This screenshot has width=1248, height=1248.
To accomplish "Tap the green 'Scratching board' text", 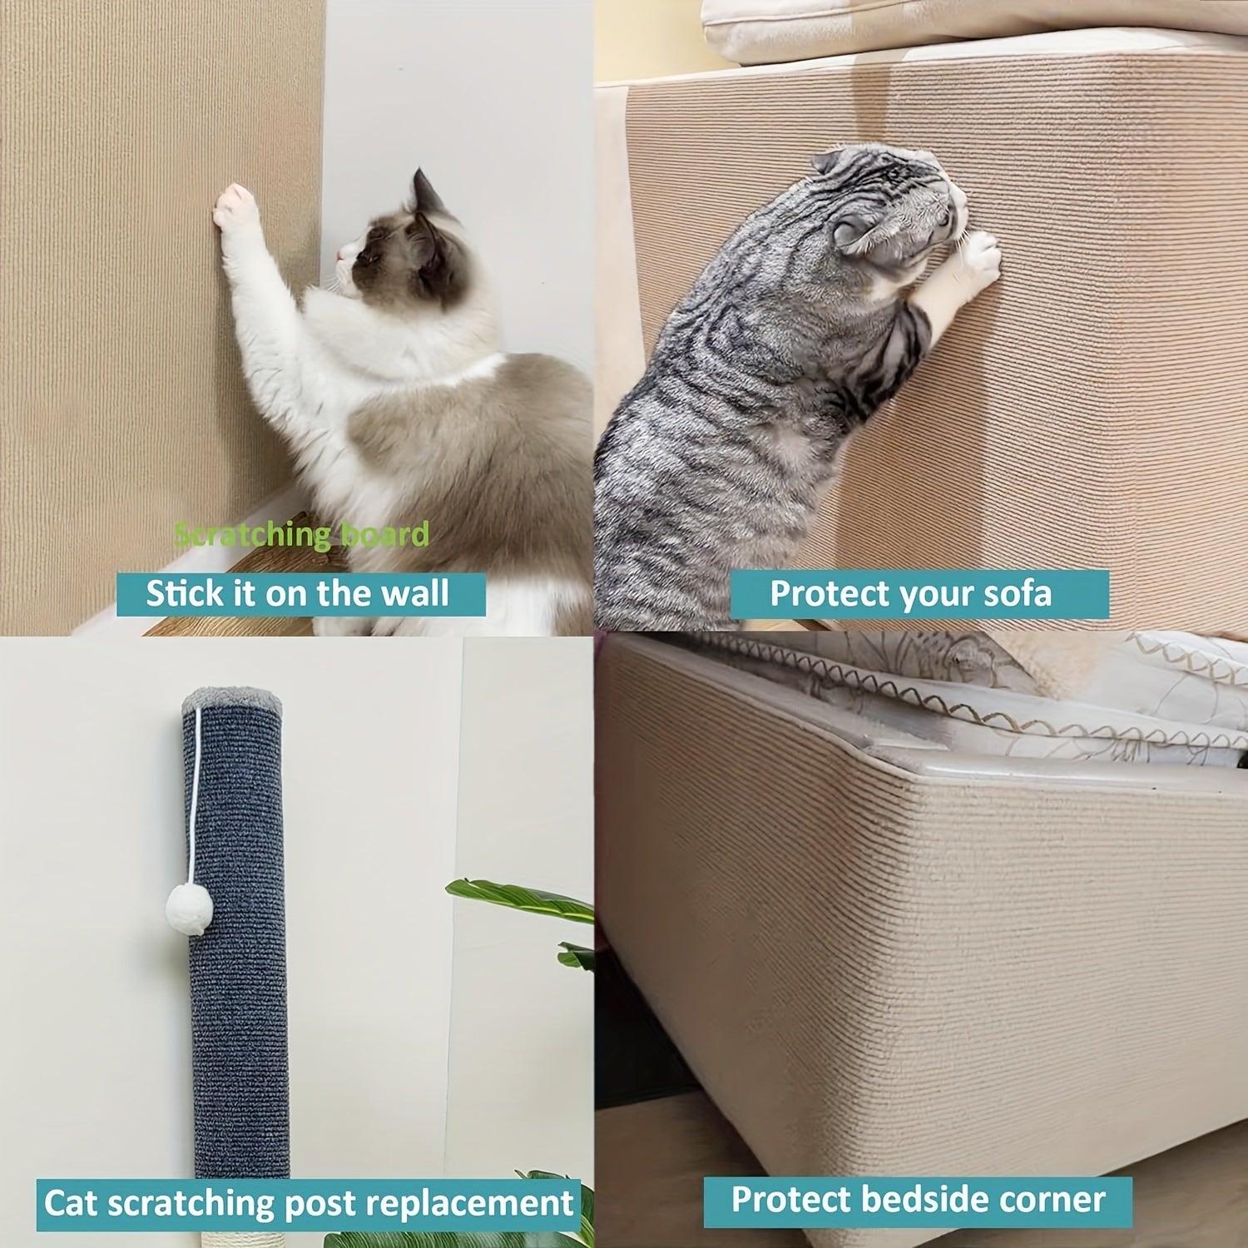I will click(x=303, y=534).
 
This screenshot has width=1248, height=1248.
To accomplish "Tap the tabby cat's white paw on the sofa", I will click(x=979, y=256).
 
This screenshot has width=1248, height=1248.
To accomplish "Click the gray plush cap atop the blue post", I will click(x=231, y=701).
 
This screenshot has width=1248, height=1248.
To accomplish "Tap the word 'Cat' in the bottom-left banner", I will click(x=72, y=1203).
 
